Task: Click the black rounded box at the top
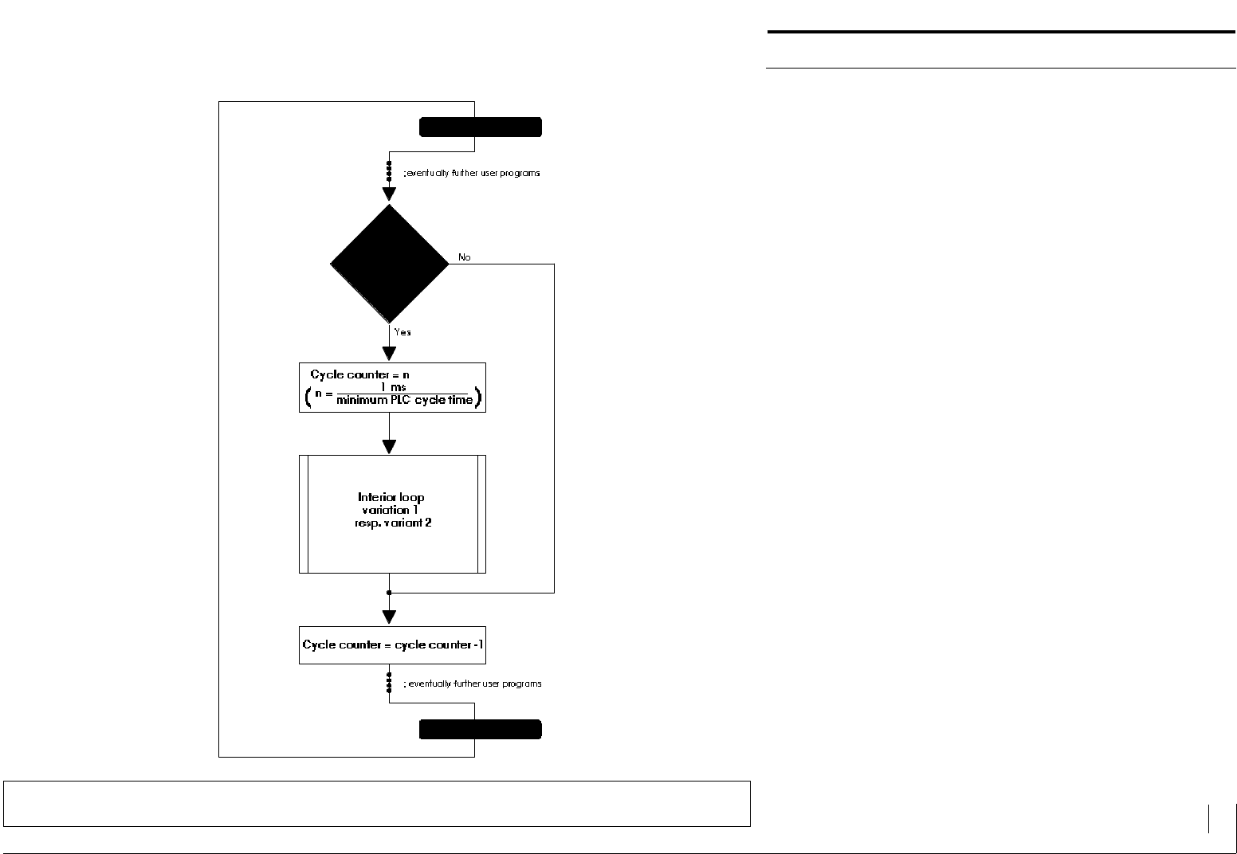(x=480, y=127)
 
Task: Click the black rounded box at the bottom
(x=480, y=730)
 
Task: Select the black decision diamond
(x=390, y=264)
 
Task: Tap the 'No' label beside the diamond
(x=465, y=257)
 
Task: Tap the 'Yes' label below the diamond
(x=403, y=332)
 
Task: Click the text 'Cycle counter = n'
(x=360, y=374)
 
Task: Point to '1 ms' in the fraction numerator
(x=393, y=387)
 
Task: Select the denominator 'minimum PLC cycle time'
(x=404, y=400)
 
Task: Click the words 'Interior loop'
(x=391, y=497)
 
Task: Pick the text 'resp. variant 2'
(x=393, y=523)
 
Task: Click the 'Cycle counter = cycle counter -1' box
(x=392, y=644)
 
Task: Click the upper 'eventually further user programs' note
(x=472, y=173)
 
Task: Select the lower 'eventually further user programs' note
(x=473, y=684)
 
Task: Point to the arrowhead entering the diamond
(x=389, y=194)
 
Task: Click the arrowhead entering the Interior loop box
(x=389, y=446)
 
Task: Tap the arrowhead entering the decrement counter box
(x=389, y=617)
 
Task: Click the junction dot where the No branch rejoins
(x=389, y=593)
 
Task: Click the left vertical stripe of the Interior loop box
(x=304, y=514)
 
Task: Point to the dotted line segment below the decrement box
(x=389, y=682)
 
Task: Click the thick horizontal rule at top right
(x=1000, y=32)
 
